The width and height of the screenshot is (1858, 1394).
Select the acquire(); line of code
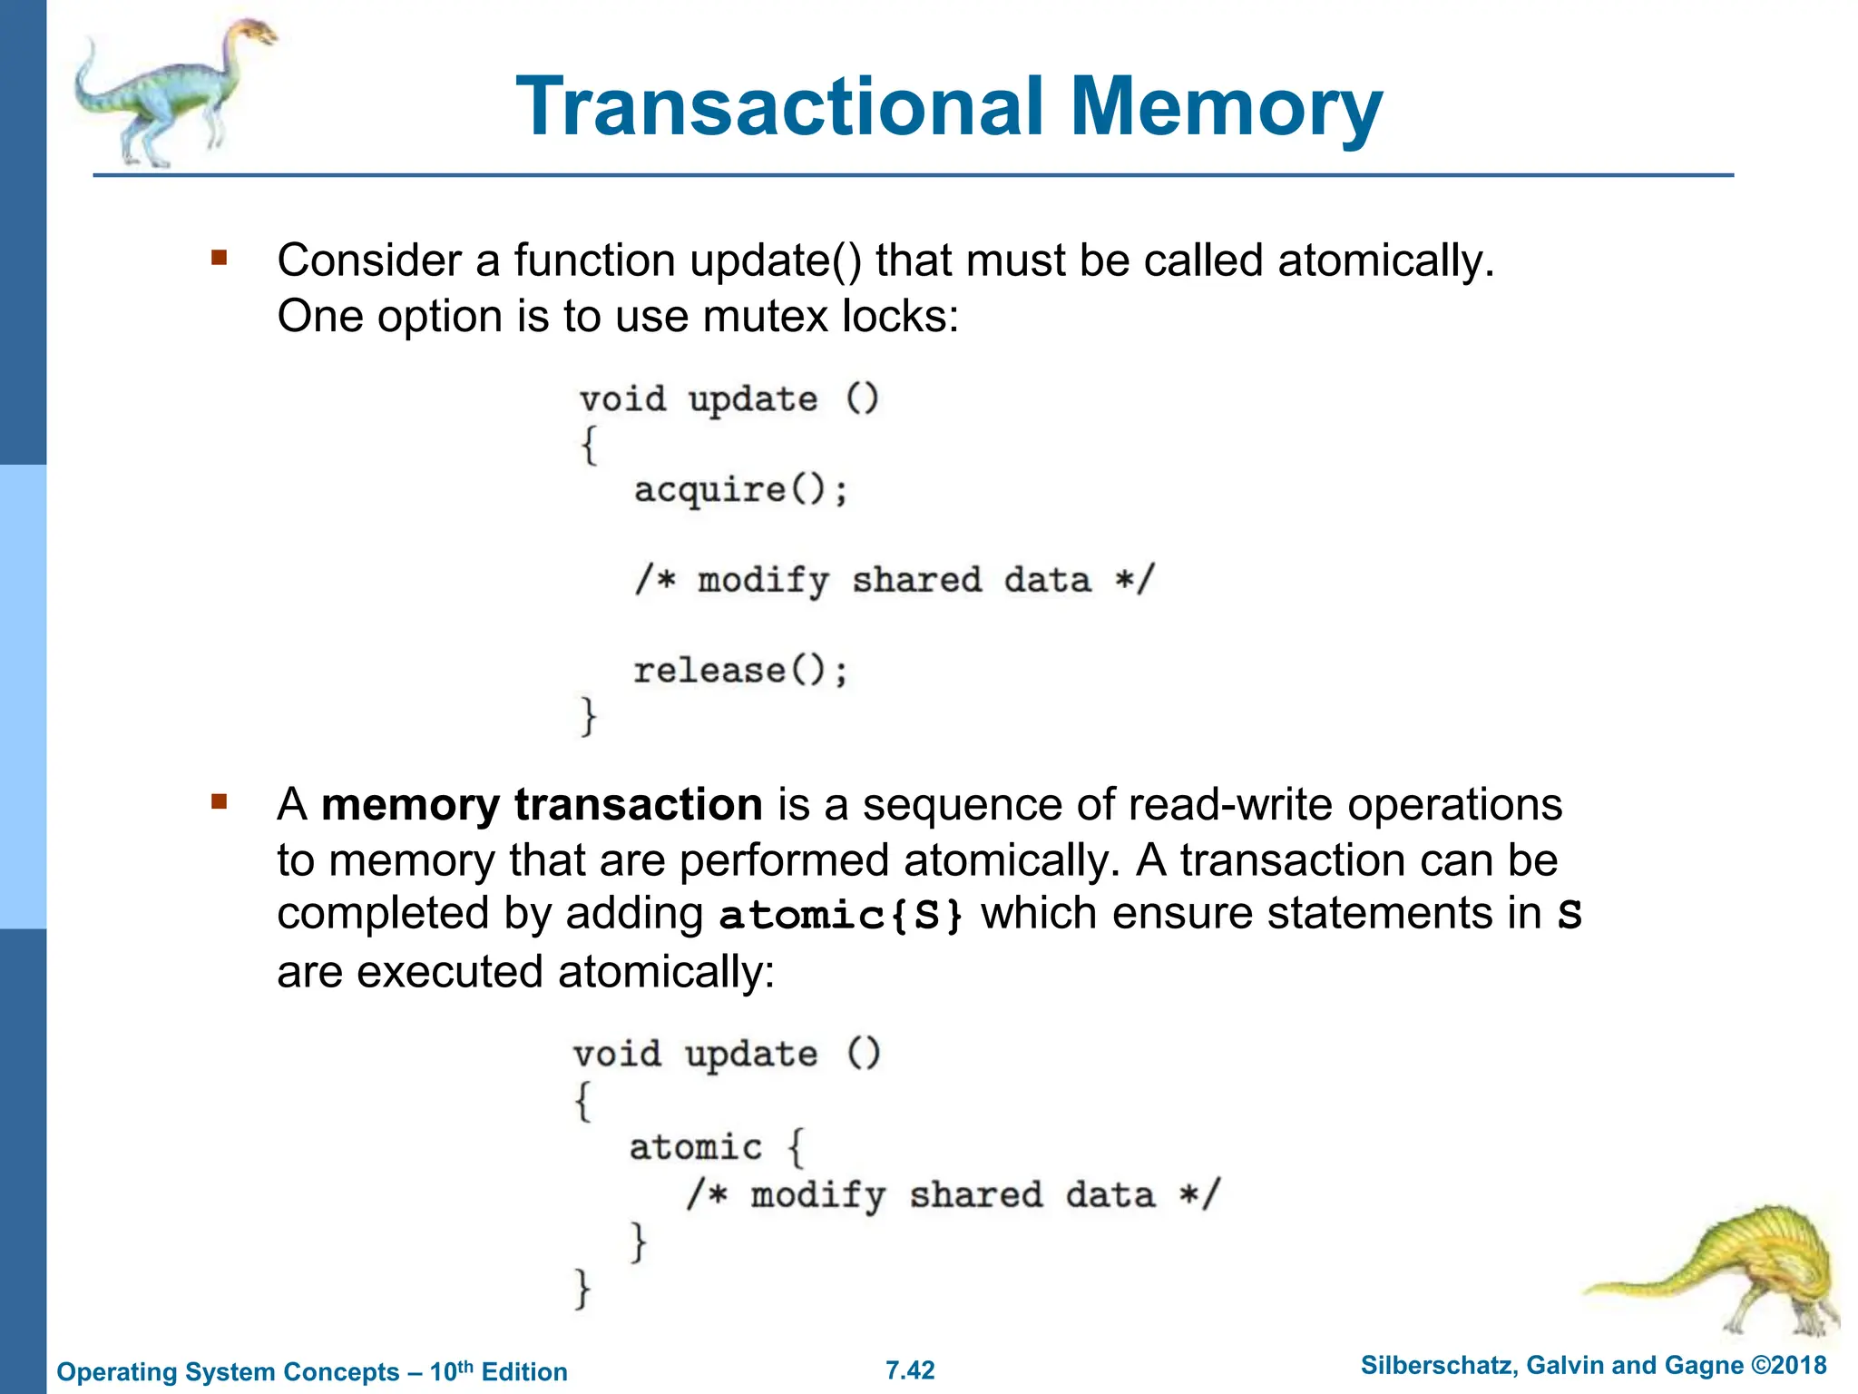tap(740, 490)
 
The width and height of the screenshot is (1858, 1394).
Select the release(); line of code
tap(740, 671)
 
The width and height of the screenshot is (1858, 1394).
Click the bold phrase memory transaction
tap(542, 805)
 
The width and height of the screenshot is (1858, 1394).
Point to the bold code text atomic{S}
tap(841, 915)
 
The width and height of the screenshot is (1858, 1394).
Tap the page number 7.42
tap(910, 1370)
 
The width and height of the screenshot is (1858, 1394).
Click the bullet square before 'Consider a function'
tap(219, 258)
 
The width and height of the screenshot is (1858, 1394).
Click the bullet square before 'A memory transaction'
tap(219, 801)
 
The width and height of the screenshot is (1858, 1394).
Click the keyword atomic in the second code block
tap(696, 1147)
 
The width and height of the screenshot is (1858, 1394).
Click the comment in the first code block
tap(894, 580)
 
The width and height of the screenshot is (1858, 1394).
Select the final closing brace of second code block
tap(582, 1288)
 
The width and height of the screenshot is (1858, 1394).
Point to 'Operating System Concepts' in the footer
tap(228, 1371)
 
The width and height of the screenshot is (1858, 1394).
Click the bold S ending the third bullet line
tap(1570, 915)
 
